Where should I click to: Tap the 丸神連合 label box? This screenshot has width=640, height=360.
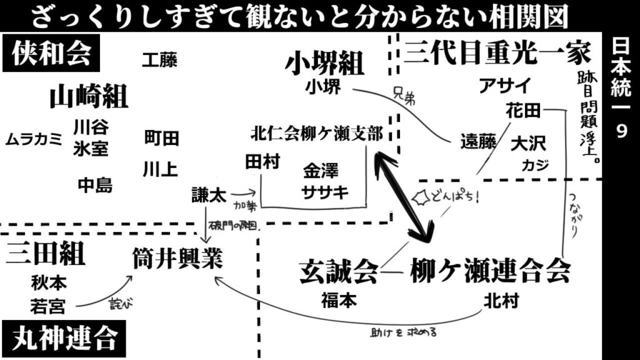pos(64,339)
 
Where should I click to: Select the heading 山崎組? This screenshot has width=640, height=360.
pos(89,97)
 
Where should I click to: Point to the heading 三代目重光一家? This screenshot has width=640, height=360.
pos(497,52)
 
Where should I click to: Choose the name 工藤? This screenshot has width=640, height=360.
pos(159,60)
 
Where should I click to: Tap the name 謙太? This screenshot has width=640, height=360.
pos(209,195)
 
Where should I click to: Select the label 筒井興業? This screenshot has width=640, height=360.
pos(177,258)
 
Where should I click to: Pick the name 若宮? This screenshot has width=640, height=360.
pos(48,306)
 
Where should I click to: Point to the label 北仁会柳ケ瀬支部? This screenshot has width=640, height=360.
pos(316,134)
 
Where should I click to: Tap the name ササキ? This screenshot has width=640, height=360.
pos(325,192)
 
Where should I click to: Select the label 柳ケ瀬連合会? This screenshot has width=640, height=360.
pos(490,272)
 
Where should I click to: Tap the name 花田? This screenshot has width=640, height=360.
pos(523,111)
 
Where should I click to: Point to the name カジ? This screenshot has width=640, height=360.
pos(536,165)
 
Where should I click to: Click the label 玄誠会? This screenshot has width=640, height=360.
pos(339,273)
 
